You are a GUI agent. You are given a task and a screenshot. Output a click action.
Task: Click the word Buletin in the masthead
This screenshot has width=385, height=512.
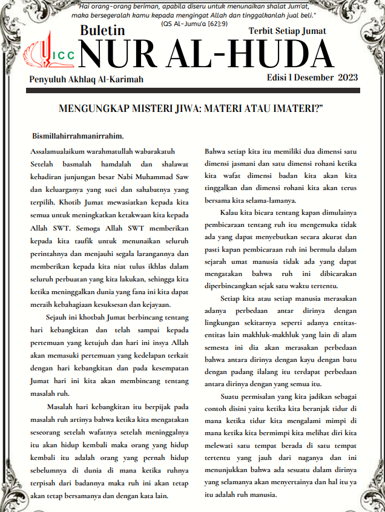click(102, 30)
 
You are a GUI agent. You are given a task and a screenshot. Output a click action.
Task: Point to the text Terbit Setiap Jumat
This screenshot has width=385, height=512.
click(288, 30)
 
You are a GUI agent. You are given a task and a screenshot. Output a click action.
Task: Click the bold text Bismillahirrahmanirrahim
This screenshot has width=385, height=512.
click(77, 136)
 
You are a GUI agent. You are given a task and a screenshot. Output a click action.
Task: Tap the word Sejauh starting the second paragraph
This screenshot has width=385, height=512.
click(58, 317)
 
